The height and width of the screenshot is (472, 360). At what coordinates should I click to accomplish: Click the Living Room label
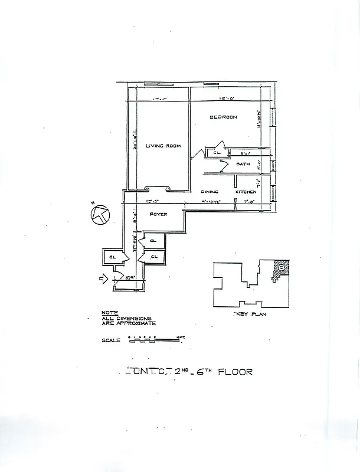(x=163, y=146)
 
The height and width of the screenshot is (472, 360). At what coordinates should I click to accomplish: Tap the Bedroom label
(x=224, y=117)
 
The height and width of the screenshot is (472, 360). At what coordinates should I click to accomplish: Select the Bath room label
(x=243, y=163)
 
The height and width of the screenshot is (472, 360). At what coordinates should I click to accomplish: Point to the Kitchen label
(x=246, y=192)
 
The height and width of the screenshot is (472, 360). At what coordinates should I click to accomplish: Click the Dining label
(x=210, y=192)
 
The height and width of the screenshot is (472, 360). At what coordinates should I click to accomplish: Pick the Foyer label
(x=158, y=214)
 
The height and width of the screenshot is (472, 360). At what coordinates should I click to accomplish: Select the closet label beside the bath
(x=217, y=153)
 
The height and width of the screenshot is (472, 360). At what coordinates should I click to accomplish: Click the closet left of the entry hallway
(x=112, y=257)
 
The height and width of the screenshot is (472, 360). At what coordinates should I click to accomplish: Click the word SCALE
(x=110, y=340)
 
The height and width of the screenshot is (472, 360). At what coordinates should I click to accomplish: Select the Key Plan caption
(x=250, y=314)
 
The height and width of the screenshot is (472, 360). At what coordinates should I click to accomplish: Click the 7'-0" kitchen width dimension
(x=249, y=202)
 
